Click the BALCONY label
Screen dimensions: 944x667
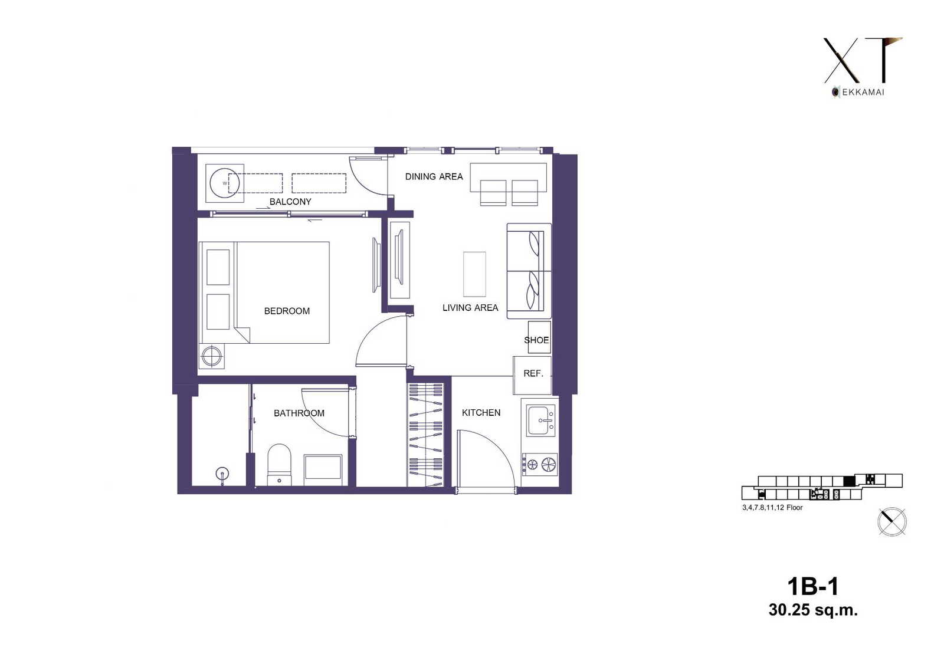[290, 202]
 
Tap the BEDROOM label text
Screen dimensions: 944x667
[287, 311]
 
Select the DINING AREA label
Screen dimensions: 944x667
[434, 176]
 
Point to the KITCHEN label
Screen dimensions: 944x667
[481, 412]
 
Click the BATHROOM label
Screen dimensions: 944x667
[299, 413]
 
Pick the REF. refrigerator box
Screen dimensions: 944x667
[532, 376]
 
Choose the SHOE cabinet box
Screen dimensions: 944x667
[539, 337]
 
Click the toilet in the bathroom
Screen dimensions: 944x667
[279, 464]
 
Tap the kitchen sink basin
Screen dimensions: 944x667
[540, 420]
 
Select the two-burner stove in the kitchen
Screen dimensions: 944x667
[540, 464]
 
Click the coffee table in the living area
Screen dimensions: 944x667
[474, 274]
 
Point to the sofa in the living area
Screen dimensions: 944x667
[529, 271]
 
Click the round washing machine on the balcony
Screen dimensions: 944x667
[225, 183]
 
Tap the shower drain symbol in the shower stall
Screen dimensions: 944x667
[222, 474]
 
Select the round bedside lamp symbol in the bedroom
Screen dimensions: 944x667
[212, 356]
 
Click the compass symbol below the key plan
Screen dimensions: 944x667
[891, 522]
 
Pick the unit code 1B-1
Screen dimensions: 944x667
[813, 587]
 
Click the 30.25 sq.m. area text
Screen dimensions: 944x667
[813, 610]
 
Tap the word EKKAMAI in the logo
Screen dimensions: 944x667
[863, 92]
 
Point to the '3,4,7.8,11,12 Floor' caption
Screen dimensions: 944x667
[772, 507]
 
